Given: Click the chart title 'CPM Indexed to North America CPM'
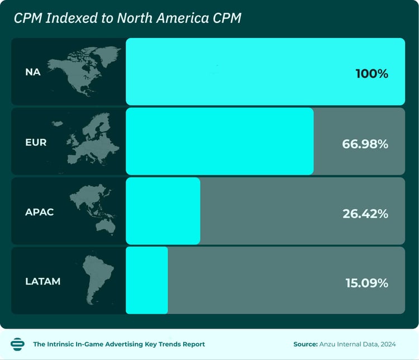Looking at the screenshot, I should click(127, 18).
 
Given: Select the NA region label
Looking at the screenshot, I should click(32, 72).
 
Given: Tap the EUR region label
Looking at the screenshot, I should click(36, 142).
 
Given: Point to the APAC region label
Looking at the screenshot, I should click(39, 212).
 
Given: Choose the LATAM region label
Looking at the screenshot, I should click(42, 281).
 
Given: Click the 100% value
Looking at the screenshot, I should click(372, 73).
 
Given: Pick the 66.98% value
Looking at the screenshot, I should click(365, 144).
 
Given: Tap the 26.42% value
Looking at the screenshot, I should click(365, 213).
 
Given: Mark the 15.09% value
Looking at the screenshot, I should click(366, 283).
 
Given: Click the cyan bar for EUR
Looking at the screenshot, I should click(220, 141).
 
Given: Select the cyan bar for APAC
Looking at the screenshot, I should click(163, 211).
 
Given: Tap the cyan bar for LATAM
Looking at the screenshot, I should click(146, 280).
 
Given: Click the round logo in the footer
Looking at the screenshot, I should click(17, 344).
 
